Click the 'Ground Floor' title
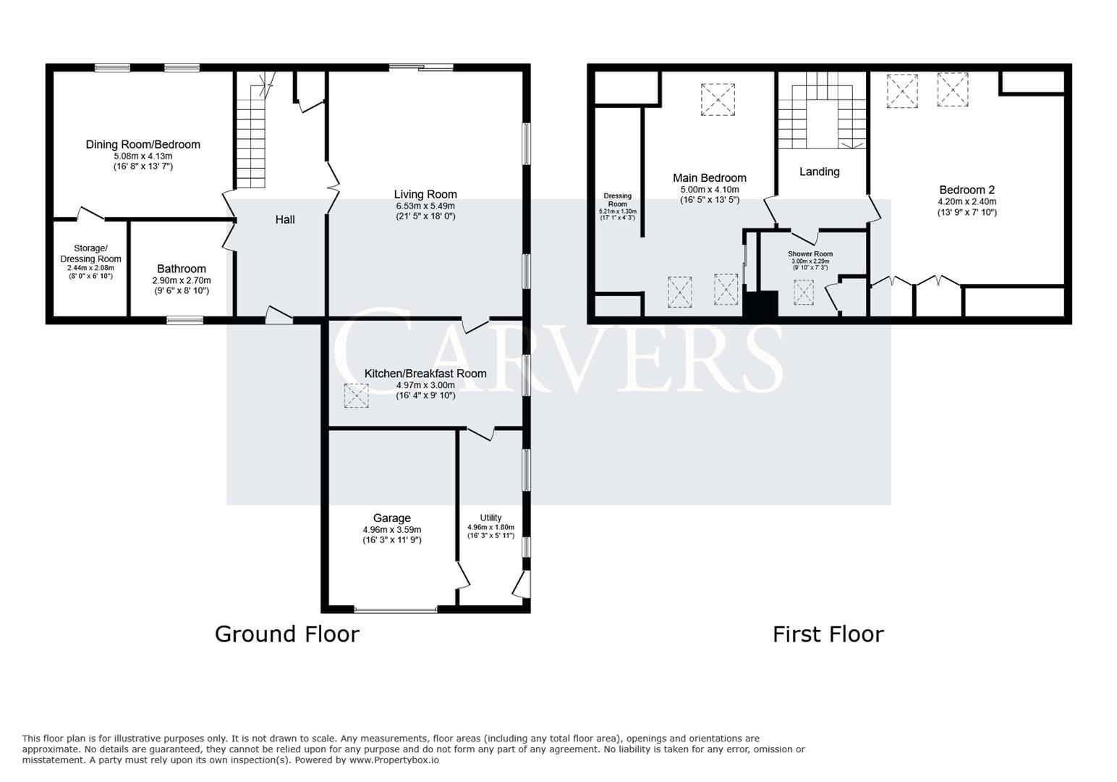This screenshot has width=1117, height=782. pyautogui.click(x=286, y=634)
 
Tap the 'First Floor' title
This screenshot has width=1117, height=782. pyautogui.click(x=828, y=634)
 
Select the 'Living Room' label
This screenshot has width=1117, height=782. pyautogui.click(x=425, y=194)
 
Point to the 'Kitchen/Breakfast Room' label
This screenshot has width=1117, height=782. pyautogui.click(x=425, y=374)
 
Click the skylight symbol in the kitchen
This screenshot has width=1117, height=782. pyautogui.click(x=356, y=395)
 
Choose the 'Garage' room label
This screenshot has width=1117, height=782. pyautogui.click(x=391, y=518)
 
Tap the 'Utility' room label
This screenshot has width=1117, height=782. pyautogui.click(x=490, y=518)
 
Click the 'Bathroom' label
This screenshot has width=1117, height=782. pyautogui.click(x=181, y=269)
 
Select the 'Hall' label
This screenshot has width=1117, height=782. pyautogui.click(x=284, y=219)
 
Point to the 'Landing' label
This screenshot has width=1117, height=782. pyautogui.click(x=819, y=172)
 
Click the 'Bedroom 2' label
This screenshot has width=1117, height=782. pyautogui.click(x=967, y=190)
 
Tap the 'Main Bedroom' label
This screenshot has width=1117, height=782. pyautogui.click(x=709, y=178)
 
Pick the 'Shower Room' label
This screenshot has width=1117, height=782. pyautogui.click(x=810, y=254)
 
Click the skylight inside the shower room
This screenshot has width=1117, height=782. pyautogui.click(x=803, y=292)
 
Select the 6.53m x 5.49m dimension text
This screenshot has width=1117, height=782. pyautogui.click(x=425, y=206)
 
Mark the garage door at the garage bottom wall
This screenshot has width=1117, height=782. pyautogui.click(x=396, y=610)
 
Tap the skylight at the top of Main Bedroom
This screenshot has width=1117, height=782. pyautogui.click(x=718, y=99)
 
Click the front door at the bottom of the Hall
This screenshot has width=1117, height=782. pyautogui.click(x=279, y=316)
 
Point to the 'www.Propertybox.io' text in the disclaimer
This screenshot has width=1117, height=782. pyautogui.click(x=394, y=760)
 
